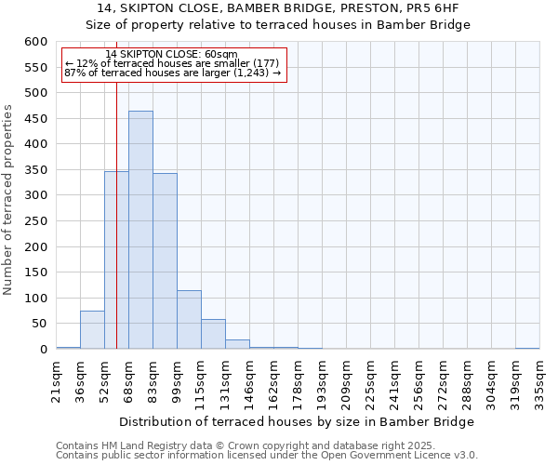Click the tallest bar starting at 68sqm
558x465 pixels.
click(x=140, y=231)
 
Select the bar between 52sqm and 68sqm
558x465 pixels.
click(x=116, y=260)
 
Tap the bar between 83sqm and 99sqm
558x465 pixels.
click(x=165, y=261)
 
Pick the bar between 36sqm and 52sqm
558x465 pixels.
click(x=92, y=330)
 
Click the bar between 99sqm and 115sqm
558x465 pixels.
click(x=189, y=320)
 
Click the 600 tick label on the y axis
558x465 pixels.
click(x=36, y=42)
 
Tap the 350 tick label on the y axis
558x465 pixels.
click(x=36, y=170)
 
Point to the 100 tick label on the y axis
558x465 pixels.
click(x=36, y=299)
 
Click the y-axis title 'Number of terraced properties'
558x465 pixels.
click(x=9, y=199)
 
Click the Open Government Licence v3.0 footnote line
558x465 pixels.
click(x=267, y=456)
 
